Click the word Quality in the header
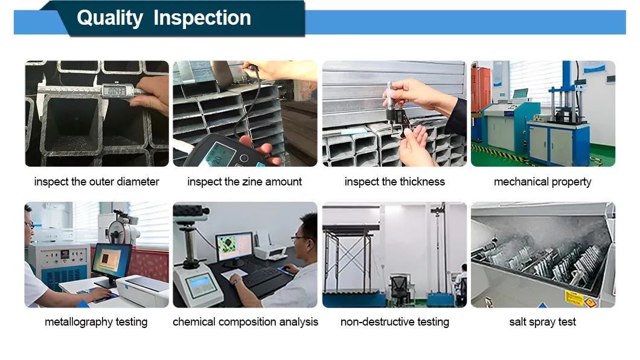tap(109, 18)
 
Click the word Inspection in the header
tap(202, 18)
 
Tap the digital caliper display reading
tap(115, 91)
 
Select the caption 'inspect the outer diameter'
tap(97, 181)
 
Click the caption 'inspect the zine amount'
tap(245, 181)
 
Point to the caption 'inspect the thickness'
tap(394, 181)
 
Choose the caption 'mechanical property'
tap(542, 181)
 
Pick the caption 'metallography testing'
tap(96, 322)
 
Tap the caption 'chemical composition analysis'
tap(245, 322)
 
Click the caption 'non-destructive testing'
tap(394, 322)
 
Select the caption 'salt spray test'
tap(542, 322)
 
